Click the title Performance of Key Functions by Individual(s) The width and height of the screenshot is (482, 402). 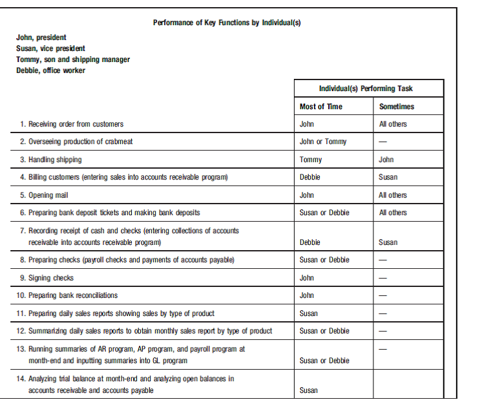pos(227,23)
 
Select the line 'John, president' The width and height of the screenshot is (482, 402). pos(41,37)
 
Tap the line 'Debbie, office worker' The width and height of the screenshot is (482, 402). pos(50,70)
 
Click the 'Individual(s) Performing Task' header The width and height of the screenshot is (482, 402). pos(365,89)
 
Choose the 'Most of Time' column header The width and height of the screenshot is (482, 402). pos(321,106)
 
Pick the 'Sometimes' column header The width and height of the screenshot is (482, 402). pos(397,106)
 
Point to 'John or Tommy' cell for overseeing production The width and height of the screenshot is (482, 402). pos(323,142)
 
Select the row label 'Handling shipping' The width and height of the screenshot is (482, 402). pos(55,160)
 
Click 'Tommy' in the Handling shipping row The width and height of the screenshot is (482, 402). pos(311,160)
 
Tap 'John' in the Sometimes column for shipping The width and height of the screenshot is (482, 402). pos(386,160)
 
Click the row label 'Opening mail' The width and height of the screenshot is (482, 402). pos(48,195)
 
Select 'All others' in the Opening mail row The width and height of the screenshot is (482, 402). pos(393,195)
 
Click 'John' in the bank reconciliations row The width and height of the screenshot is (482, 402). pos(307,295)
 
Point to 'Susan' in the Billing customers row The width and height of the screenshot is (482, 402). pos(388,177)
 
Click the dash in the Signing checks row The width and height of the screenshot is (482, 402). pos(383,278)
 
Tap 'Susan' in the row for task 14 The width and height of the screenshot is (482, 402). pos(309,390)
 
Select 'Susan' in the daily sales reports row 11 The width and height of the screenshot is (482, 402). pos(309,313)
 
